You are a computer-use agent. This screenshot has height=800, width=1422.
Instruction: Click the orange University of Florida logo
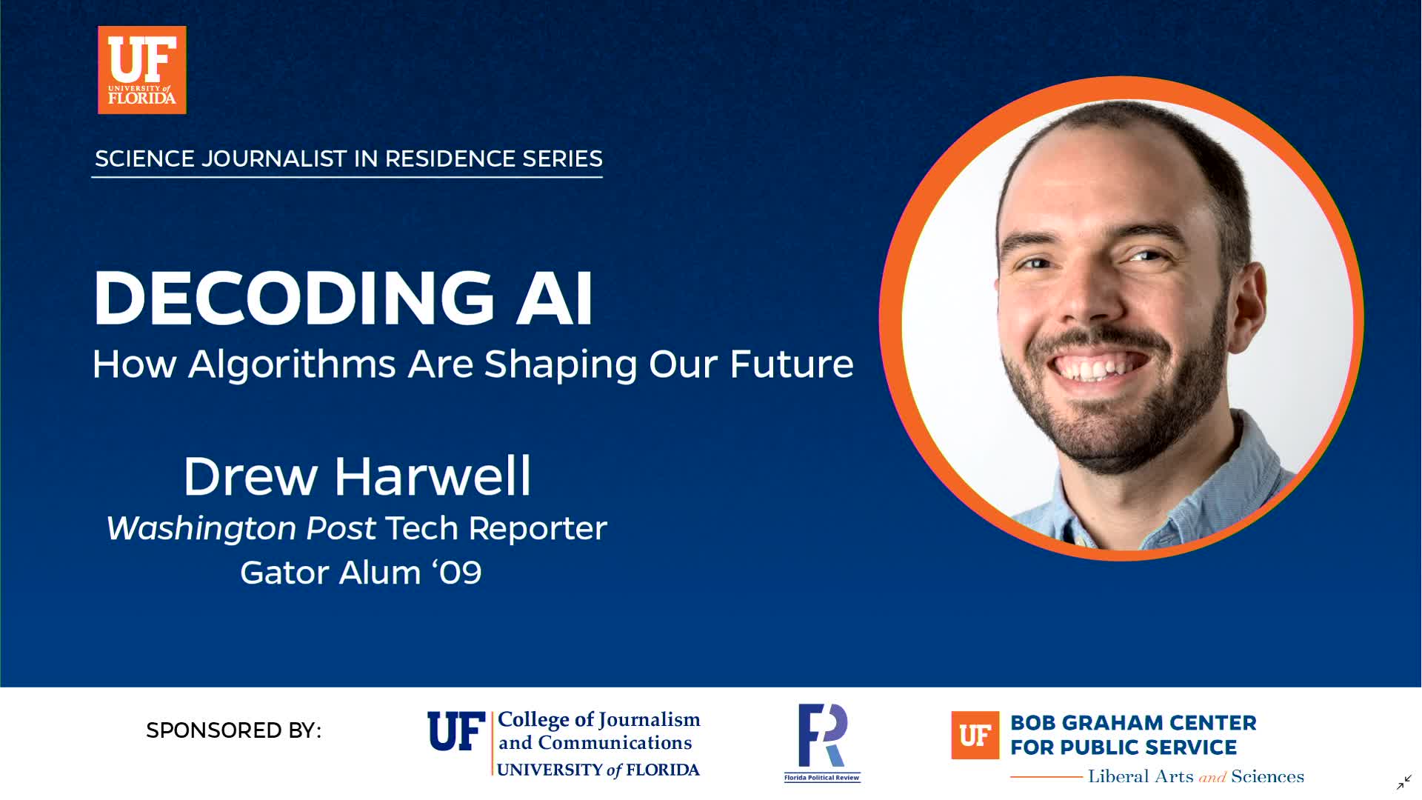[x=142, y=70]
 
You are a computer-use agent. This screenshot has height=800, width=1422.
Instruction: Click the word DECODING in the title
[x=293, y=298]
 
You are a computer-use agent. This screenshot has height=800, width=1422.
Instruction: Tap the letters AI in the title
[x=555, y=298]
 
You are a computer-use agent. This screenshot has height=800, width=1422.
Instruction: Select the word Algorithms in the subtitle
[x=292, y=364]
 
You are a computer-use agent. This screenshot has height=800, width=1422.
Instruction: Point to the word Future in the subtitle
[x=791, y=364]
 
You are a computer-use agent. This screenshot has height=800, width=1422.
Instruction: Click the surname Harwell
[x=433, y=476]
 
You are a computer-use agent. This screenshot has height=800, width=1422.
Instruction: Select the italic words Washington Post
[x=241, y=529]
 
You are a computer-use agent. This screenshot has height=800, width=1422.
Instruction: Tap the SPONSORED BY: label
[x=234, y=730]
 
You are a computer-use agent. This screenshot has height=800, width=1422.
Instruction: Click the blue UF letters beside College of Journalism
[x=456, y=731]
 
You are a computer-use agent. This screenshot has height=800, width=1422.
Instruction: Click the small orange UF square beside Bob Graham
[x=975, y=736]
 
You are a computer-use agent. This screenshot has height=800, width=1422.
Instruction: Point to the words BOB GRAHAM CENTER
[x=1133, y=723]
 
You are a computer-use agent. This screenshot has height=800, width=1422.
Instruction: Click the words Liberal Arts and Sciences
[x=1195, y=776]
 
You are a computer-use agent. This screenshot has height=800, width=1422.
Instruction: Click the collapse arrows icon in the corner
[x=1404, y=782]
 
